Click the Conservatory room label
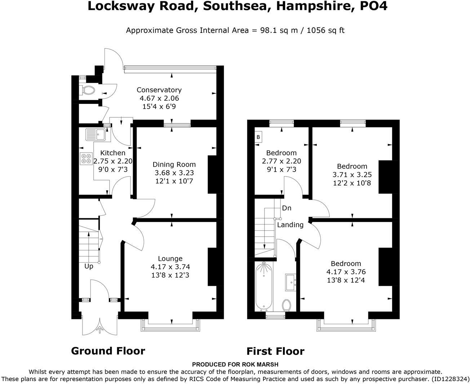point(159,90)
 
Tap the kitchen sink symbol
point(95,135)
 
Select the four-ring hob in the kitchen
point(87,159)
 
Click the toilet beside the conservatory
point(88,90)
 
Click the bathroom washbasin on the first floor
point(291,282)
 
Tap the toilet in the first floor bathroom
point(287,305)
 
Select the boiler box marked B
point(258,137)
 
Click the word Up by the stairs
point(89,266)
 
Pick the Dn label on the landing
point(287,208)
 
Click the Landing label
point(290,225)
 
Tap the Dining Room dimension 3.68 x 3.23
point(174,173)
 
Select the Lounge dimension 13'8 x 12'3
point(170,275)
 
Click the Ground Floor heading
point(108,351)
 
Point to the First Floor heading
point(275,351)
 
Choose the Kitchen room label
point(113,153)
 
